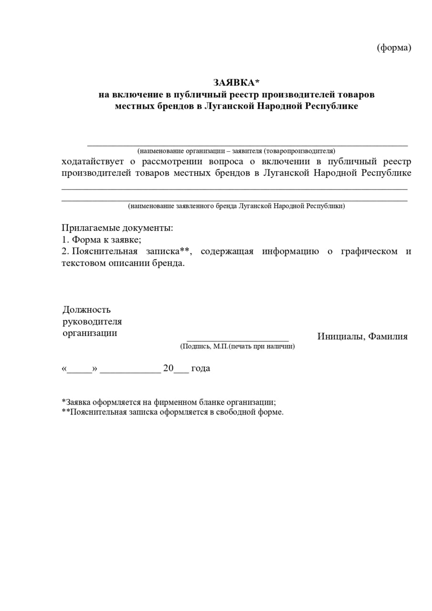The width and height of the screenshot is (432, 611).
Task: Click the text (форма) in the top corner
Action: pyautogui.click(x=394, y=48)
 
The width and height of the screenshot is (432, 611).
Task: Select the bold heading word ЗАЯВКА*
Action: pyautogui.click(x=236, y=83)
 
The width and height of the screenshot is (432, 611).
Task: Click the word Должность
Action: pyautogui.click(x=87, y=310)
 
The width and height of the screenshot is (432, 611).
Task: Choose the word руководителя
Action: pyautogui.click(x=92, y=322)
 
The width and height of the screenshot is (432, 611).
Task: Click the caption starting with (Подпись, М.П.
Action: pyautogui.click(x=237, y=346)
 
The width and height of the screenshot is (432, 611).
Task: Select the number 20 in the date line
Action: pyautogui.click(x=168, y=369)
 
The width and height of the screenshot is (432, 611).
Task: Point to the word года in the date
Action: pyautogui.click(x=200, y=369)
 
